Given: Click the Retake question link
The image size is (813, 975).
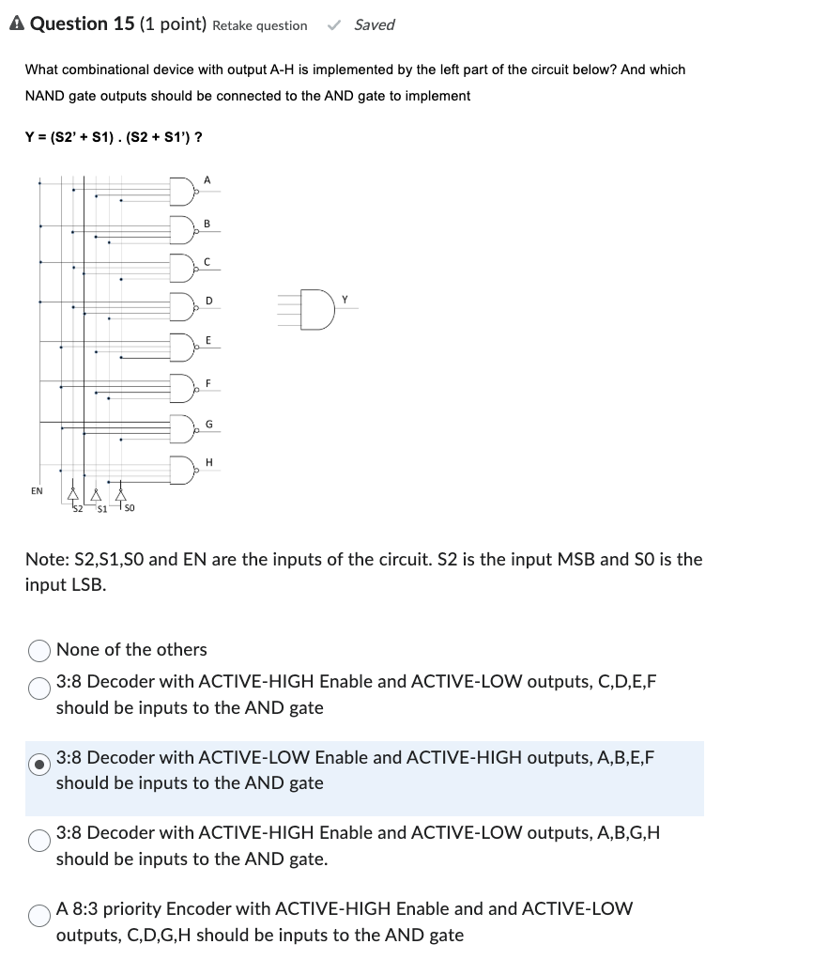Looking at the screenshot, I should [259, 25].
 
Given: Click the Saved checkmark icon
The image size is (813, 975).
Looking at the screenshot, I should [332, 25].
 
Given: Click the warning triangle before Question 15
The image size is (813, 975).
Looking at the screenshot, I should [17, 24].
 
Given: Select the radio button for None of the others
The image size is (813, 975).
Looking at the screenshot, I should [40, 650].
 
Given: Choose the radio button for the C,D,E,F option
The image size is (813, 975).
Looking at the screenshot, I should [40, 689].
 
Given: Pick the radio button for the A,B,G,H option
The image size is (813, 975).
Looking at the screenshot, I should [40, 840].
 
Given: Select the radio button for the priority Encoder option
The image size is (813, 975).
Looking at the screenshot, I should [40, 916].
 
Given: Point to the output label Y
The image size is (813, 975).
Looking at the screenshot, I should [345, 300].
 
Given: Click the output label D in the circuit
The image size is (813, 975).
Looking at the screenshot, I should [208, 301].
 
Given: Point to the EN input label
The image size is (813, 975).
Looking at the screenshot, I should [37, 490].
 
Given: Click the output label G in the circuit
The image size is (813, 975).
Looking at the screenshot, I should [208, 425].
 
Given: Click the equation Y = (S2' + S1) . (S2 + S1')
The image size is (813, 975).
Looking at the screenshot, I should [113, 137].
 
